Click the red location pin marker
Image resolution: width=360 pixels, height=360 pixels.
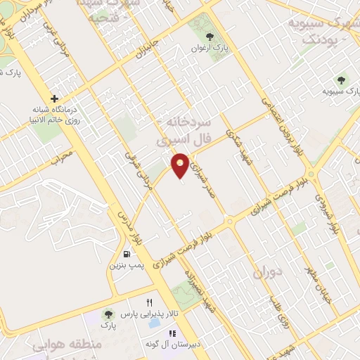click(180, 165)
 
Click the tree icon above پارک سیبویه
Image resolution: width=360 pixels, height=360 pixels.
click(342, 79)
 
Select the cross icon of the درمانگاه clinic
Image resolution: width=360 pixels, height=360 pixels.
click(55, 98)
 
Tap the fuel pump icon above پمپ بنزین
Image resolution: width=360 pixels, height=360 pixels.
click(126, 254)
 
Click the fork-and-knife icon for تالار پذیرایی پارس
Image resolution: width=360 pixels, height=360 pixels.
click(148, 302)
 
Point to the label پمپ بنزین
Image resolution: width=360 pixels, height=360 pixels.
click(122, 266)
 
